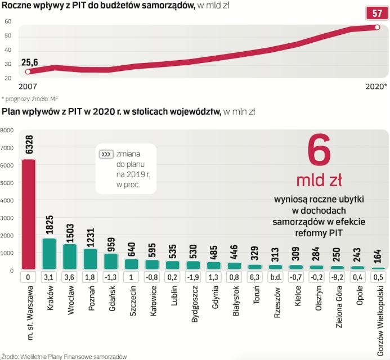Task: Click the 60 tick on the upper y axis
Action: click(8, 21)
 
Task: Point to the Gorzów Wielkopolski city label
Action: click(379, 316)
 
